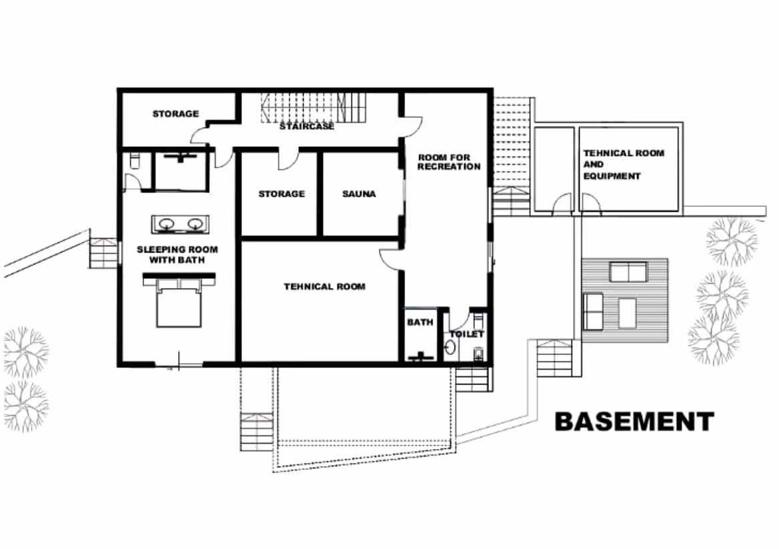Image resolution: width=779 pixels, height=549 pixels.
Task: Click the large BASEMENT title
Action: point(634,422)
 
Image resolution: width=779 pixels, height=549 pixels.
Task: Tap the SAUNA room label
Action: point(359,194)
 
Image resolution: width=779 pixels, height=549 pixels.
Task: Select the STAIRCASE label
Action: point(307,126)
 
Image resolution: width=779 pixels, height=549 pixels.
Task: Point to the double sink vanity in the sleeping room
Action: point(179,224)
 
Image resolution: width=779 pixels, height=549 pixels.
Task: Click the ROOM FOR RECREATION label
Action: point(449,162)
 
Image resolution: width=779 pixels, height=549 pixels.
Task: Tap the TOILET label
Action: point(467,334)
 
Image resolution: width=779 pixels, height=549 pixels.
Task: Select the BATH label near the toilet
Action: point(420,322)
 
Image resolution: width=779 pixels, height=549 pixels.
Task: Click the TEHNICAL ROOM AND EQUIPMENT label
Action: point(623,164)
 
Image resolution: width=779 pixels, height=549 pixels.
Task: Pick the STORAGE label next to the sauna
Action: point(281,194)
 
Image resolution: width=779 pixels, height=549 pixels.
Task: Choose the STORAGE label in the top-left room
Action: point(175,114)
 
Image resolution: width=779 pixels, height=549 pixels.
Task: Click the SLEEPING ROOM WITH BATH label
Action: point(177,254)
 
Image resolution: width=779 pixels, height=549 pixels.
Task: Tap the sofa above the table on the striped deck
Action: point(628,272)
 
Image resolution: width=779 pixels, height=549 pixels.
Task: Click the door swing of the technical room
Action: point(390,259)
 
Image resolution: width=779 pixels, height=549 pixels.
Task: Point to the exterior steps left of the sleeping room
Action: point(103,253)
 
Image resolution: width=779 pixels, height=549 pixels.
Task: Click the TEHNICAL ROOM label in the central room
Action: point(325,287)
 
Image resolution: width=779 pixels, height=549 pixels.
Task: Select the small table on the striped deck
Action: point(627,314)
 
